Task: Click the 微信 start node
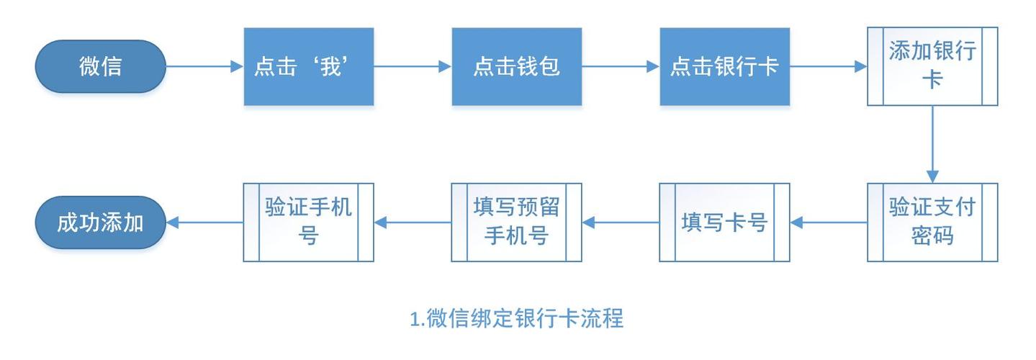point(101,66)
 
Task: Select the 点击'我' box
point(308,66)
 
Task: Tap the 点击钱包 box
point(516,66)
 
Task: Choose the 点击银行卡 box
point(724,66)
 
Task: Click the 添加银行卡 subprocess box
point(932,66)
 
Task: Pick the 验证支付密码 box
point(932,222)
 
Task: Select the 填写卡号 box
point(724,222)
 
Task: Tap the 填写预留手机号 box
point(516,222)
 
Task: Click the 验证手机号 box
point(308,222)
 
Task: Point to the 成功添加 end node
point(101,222)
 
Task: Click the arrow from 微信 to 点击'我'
point(205,66)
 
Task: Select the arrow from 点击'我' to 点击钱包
point(413,66)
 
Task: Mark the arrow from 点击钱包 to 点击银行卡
point(621,66)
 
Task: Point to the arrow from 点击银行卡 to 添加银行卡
point(829,66)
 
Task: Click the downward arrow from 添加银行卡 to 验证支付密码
point(932,144)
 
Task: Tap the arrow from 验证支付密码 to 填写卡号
point(829,222)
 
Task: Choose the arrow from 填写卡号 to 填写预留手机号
point(621,222)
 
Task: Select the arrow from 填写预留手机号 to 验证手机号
point(413,222)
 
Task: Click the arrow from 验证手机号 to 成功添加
point(205,222)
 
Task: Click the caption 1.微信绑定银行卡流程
point(516,318)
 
